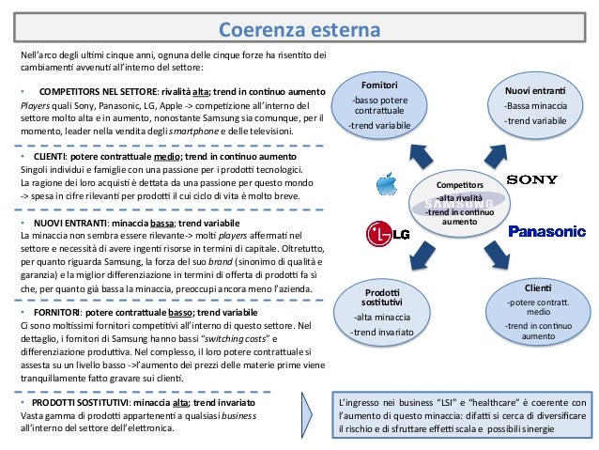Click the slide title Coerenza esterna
pos(299,31)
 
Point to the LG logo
pos(389,231)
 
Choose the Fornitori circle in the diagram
pos(379,103)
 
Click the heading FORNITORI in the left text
pos(58,310)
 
